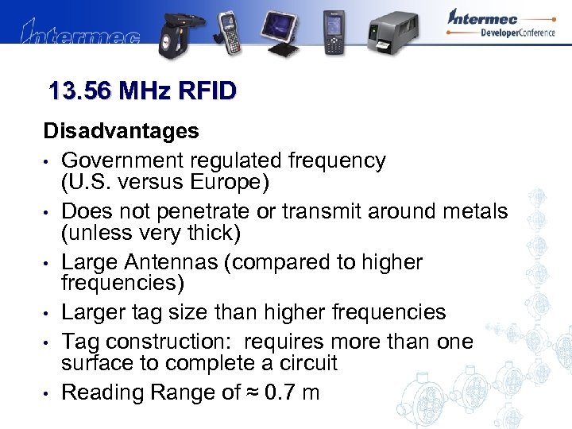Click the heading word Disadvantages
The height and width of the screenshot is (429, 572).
(122, 129)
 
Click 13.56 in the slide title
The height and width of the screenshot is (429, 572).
(79, 91)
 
